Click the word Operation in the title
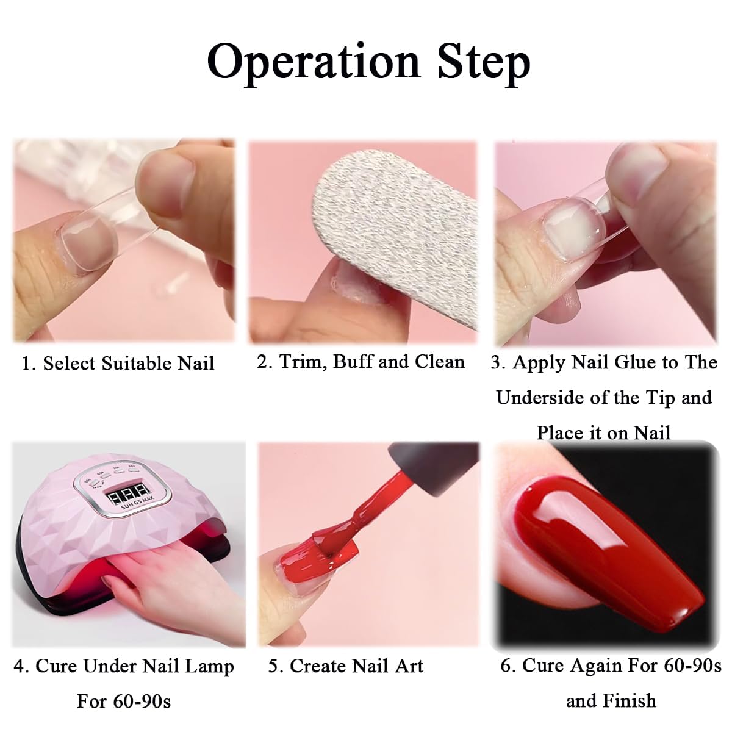click(314, 62)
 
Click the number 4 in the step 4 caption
click(20, 666)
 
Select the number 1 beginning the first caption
click(26, 364)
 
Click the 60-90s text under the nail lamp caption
click(142, 701)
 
